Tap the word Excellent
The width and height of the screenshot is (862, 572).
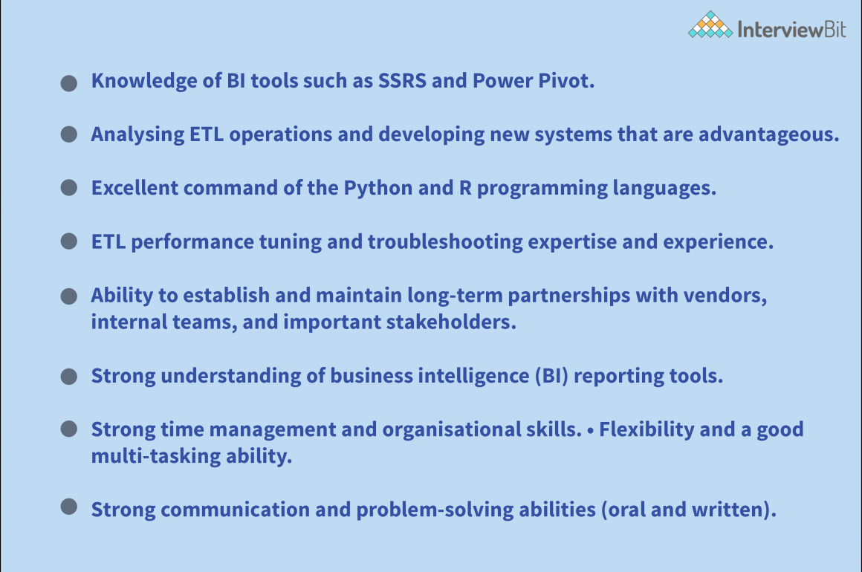click(135, 188)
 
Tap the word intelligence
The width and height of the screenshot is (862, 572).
click(467, 376)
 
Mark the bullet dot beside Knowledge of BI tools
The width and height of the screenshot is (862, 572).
click(69, 82)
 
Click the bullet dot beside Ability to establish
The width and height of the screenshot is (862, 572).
click(69, 296)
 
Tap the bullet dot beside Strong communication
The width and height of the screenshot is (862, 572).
click(69, 507)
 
